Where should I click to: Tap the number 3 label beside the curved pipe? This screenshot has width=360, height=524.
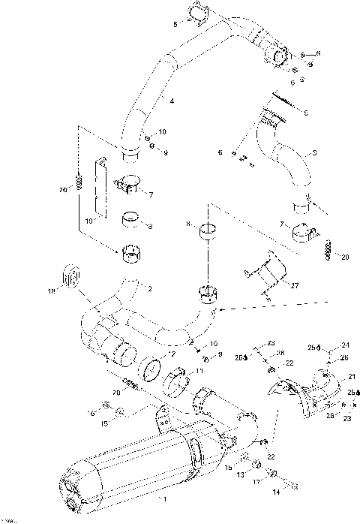click(x=314, y=153)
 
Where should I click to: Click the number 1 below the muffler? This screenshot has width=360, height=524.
click(x=157, y=498)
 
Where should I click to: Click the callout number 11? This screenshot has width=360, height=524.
click(x=200, y=370)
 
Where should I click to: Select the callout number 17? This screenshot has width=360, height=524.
click(x=256, y=482)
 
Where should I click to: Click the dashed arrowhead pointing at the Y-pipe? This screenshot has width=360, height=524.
click(x=218, y=308)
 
